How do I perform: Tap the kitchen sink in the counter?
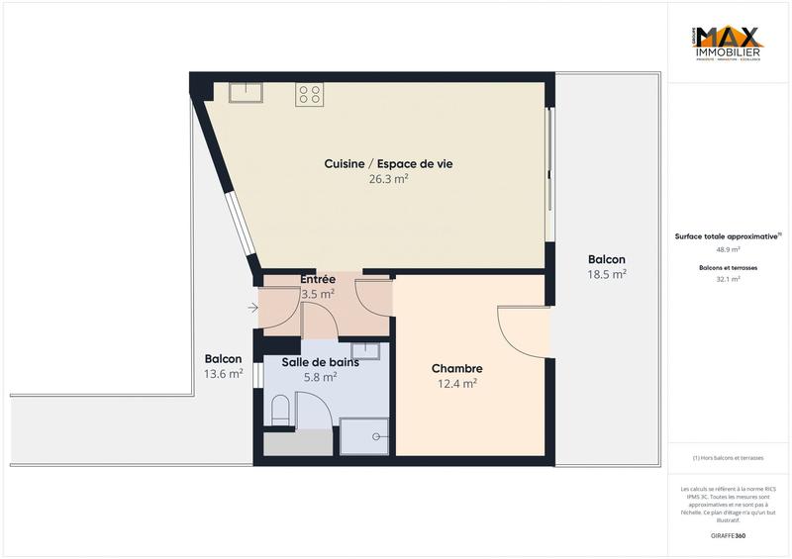pyautogui.click(x=244, y=93)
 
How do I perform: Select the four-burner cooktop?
pyautogui.click(x=309, y=94)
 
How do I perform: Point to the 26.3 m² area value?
pyautogui.click(x=389, y=179)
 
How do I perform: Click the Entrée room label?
pyautogui.click(x=318, y=279)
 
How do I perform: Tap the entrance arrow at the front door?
pyautogui.click(x=252, y=308)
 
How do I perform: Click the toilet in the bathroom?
pyautogui.click(x=279, y=408)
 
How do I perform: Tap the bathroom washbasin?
pyautogui.click(x=366, y=350)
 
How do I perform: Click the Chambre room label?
pyautogui.click(x=456, y=368)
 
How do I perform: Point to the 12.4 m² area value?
pyautogui.click(x=456, y=384)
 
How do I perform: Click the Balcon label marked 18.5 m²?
pyautogui.click(x=606, y=259)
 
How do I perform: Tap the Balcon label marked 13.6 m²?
pyautogui.click(x=224, y=359)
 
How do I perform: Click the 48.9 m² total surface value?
pyautogui.click(x=728, y=249)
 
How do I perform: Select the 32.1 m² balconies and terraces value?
pyautogui.click(x=728, y=279)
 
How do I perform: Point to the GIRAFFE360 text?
pyautogui.click(x=728, y=534)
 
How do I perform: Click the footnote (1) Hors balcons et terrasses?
pyautogui.click(x=728, y=458)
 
